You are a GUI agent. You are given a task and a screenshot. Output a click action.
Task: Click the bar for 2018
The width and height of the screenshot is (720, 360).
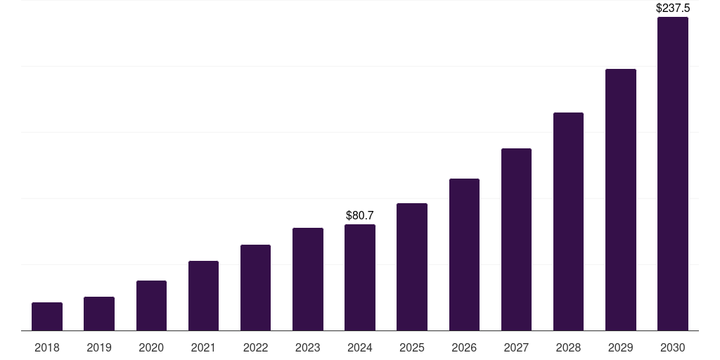coord(47,316)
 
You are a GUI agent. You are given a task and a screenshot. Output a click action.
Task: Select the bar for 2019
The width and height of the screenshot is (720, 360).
coord(99,314)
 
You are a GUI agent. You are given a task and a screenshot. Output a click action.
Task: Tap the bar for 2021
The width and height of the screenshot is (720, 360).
coord(203,295)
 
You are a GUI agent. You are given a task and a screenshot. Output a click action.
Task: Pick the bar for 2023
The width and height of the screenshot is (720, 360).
coord(308,279)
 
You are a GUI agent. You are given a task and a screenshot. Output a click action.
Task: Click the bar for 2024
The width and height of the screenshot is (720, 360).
coord(360,277)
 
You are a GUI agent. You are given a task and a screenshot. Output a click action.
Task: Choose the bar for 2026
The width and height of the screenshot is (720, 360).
coord(464,255)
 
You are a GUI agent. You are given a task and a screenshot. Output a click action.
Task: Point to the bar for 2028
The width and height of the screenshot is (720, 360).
coord(568,221)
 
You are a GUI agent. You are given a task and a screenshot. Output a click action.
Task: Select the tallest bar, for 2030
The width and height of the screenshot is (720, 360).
coord(673,174)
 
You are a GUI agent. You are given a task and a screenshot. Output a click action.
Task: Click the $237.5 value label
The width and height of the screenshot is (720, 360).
coord(673,8)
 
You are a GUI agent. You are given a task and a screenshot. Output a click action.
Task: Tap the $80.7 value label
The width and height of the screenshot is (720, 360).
coord(360,215)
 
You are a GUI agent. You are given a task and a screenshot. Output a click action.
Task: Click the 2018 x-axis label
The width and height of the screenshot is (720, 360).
coord(47,347)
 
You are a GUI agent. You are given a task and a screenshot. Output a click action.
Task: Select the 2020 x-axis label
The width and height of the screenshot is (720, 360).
coord(151,347)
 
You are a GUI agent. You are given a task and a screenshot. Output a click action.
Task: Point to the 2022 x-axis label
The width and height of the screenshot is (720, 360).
coord(255,347)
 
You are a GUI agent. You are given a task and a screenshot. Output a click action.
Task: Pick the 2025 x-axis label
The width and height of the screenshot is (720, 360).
coord(412,347)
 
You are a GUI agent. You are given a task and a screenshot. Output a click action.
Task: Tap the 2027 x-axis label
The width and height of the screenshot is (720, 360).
coord(516,347)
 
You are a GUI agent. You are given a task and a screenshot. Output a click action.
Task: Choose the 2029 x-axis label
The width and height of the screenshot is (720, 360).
coord(620,347)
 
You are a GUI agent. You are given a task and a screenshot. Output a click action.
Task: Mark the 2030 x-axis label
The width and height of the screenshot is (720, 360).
coord(673,347)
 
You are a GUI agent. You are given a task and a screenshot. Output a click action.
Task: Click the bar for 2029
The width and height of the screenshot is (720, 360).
coord(620,200)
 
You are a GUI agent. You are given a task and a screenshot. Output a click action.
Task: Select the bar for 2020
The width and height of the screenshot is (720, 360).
coord(151,305)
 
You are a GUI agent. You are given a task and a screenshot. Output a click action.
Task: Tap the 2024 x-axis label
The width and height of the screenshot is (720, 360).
coord(360,347)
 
